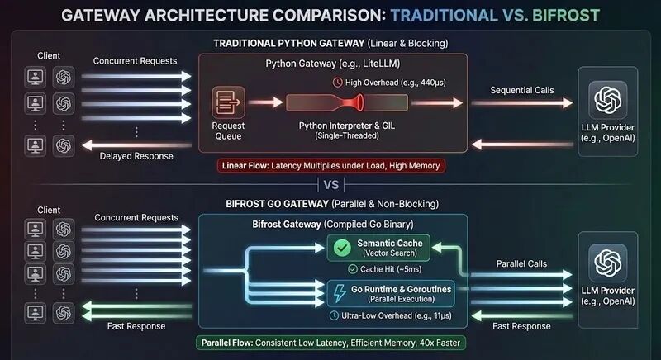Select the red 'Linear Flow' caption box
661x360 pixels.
332,166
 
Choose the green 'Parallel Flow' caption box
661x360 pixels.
330,343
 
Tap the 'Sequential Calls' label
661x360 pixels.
521,89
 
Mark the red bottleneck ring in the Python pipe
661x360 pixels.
361,103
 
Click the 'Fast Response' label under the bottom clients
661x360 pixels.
136,325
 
